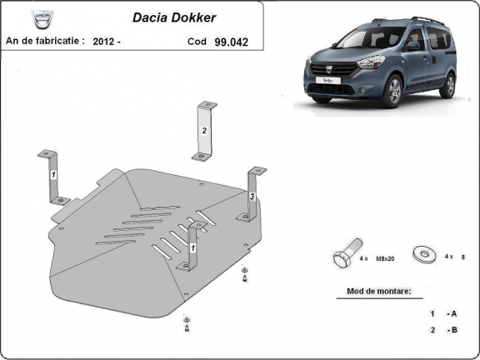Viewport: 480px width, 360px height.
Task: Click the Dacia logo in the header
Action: point(40,17)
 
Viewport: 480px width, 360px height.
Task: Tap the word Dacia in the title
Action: point(152,17)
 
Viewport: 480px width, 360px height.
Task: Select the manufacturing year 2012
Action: point(104,40)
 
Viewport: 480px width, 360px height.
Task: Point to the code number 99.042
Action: point(231,40)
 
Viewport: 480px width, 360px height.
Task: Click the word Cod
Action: point(197,40)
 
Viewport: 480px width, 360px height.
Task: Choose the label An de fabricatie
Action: point(45,40)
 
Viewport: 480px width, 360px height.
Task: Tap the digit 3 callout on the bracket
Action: point(252,196)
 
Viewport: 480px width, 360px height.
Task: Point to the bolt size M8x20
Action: point(382,258)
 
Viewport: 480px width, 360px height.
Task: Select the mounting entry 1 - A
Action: point(442,313)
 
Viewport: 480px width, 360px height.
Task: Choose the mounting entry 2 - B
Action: point(442,330)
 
